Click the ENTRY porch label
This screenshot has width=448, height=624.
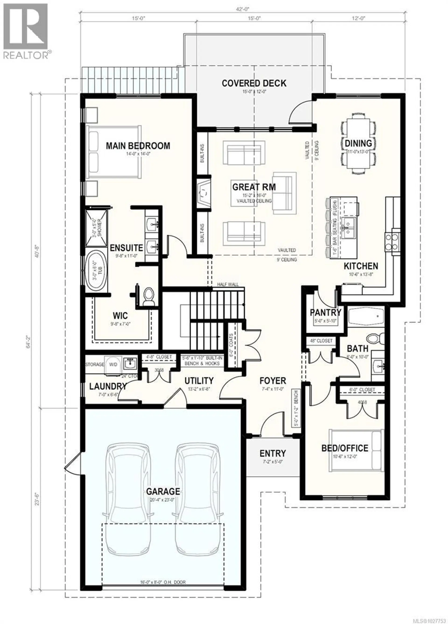click(273, 453)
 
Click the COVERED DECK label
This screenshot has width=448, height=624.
click(254, 83)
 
